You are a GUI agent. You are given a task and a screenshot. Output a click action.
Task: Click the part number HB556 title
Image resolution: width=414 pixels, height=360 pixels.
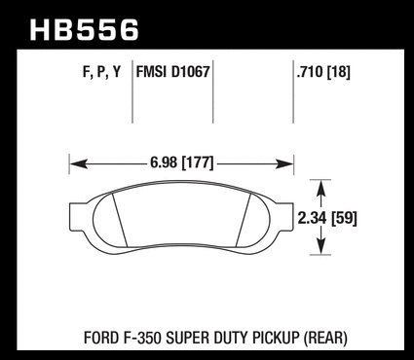coord(85,30)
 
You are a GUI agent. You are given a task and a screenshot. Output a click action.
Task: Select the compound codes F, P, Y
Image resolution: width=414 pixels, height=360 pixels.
coord(101,72)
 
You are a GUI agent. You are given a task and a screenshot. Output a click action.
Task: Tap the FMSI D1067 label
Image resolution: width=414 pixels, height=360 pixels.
coord(172,72)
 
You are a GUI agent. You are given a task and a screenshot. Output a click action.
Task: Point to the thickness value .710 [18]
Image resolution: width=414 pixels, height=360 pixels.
coord(323,72)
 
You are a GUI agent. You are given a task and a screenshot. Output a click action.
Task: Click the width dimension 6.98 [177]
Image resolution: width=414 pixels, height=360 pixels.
coord(182,162)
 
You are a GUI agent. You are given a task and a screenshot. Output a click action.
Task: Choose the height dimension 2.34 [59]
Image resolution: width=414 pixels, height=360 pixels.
coord(327,218)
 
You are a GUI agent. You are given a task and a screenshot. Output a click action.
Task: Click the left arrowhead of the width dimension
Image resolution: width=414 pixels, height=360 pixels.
coord(78,164)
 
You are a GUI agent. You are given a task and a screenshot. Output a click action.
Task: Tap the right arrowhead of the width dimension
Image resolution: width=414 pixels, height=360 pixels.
coord(284,164)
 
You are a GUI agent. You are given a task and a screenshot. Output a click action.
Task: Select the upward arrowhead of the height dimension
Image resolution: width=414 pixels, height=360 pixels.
coord(320,188)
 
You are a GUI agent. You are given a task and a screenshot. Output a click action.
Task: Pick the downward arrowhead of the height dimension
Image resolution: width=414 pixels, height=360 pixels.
coord(320,246)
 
